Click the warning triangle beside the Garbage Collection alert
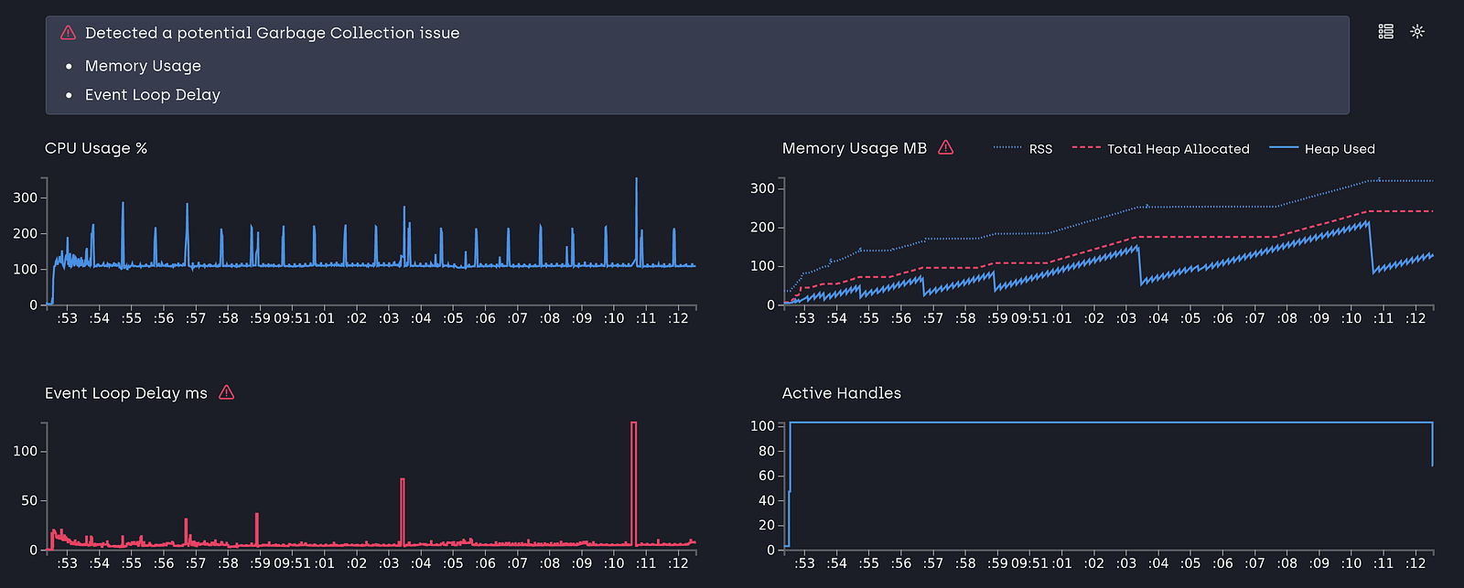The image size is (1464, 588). click(x=68, y=33)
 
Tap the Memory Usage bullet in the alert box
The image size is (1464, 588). click(x=143, y=66)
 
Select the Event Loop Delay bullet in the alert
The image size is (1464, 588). click(x=152, y=95)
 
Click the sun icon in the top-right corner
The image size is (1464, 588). click(x=1417, y=31)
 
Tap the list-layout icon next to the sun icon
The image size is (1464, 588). click(x=1385, y=31)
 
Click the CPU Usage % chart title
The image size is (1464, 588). click(x=96, y=148)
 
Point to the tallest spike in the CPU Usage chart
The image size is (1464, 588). click(x=636, y=179)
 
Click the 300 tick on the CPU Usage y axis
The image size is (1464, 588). click(x=26, y=198)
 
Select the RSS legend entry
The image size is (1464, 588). click(x=1023, y=149)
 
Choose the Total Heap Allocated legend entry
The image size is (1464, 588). click(x=1161, y=149)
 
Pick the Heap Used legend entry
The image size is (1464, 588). click(x=1322, y=149)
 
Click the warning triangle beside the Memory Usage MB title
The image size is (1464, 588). click(x=946, y=147)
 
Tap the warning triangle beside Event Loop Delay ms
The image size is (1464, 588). click(x=226, y=392)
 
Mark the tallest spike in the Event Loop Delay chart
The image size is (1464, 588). click(x=633, y=423)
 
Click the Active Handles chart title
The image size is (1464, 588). click(x=841, y=393)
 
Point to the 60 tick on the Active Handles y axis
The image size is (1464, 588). click(x=766, y=476)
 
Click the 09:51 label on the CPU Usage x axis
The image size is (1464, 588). click(x=292, y=318)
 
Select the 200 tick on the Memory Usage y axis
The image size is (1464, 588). click(x=762, y=228)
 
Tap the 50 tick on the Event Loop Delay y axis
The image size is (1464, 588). click(x=29, y=501)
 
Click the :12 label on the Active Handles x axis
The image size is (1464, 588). click(x=1415, y=563)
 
